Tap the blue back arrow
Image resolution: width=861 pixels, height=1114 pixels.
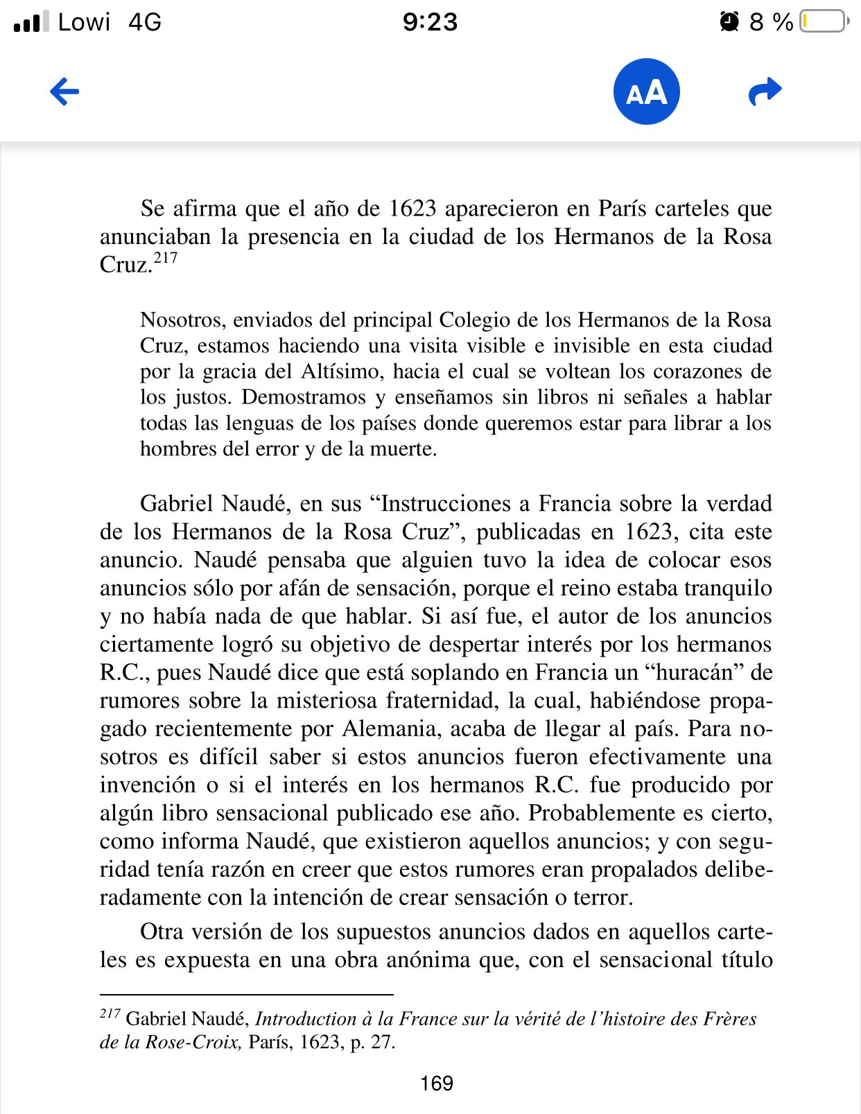64,92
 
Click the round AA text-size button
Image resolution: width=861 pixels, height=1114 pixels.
646,92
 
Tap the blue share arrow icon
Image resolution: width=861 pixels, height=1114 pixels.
765,92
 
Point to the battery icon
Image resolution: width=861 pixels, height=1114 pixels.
824,21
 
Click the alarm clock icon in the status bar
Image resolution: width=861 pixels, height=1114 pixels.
729,21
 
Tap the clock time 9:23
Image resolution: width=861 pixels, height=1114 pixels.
430,21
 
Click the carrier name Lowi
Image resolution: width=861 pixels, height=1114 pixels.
84,21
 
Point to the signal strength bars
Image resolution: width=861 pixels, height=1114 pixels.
31,21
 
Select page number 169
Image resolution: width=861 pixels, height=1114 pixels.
437,1083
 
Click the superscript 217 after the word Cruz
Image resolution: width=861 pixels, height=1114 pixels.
165,259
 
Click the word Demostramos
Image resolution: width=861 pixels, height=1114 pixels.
304,397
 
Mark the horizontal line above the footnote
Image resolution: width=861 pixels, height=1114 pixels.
246,995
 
